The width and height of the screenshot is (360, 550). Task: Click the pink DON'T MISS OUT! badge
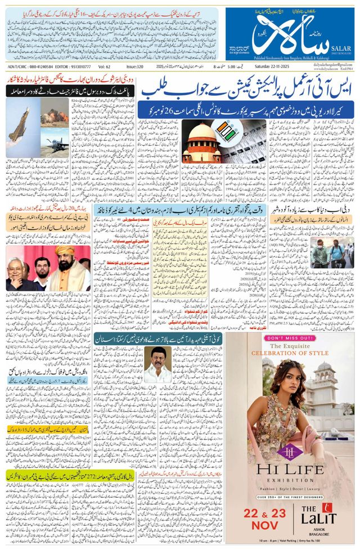tap(291, 339)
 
